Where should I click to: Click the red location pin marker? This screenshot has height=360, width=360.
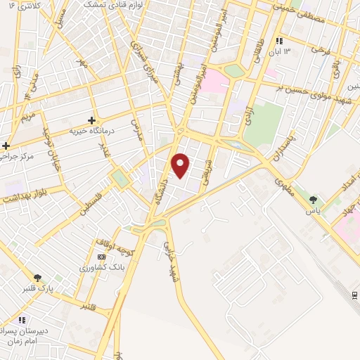(x=181, y=165)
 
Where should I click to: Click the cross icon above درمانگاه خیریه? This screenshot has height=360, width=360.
(x=91, y=120)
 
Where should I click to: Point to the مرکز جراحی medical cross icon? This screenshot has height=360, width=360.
(x=6, y=146)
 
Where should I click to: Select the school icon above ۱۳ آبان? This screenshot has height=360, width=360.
(x=279, y=41)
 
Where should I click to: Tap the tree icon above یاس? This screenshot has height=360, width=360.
(x=313, y=200)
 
